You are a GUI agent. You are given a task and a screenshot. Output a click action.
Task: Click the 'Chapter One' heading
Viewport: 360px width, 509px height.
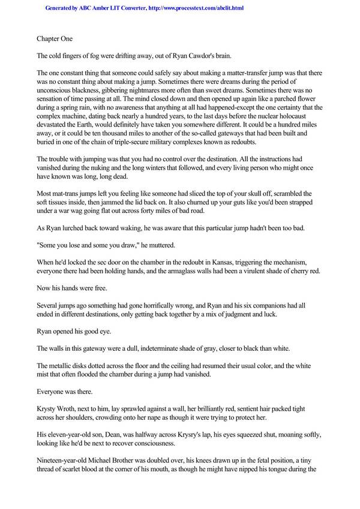point(55,39)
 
